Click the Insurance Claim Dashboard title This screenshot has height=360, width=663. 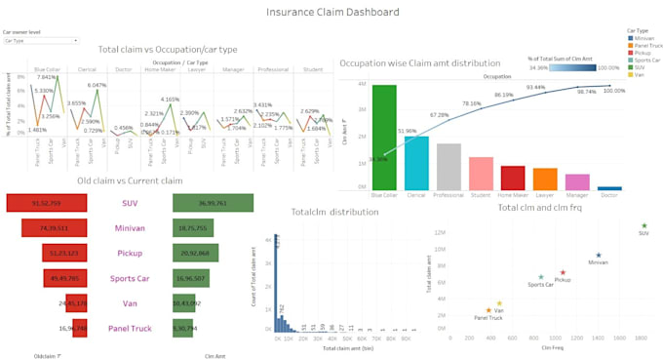(332, 13)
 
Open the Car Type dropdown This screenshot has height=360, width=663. (40, 41)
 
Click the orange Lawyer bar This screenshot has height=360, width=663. (545, 180)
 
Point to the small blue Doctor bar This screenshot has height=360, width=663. (609, 188)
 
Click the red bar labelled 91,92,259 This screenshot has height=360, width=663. (47, 203)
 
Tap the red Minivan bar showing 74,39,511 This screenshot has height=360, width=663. (56, 228)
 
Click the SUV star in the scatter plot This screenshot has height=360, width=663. (644, 225)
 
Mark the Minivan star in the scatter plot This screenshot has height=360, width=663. (598, 256)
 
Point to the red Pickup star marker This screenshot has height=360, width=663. (563, 272)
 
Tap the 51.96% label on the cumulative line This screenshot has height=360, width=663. (406, 131)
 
